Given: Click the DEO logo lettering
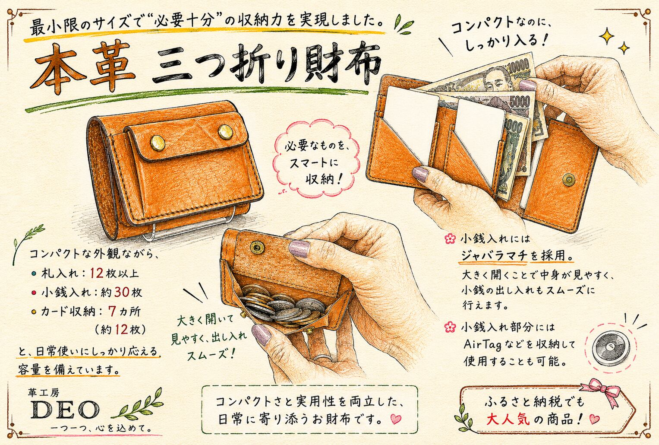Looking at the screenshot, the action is (x=65, y=410).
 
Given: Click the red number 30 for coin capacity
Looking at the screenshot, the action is (x=122, y=292).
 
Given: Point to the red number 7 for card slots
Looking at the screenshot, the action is (x=112, y=311).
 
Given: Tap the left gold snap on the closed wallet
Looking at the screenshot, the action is (x=158, y=143).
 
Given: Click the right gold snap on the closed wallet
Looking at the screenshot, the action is (x=226, y=132).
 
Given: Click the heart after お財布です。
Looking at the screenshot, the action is (x=395, y=419).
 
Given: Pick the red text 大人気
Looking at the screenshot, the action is (x=508, y=419).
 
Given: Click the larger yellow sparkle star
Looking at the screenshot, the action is (x=607, y=37).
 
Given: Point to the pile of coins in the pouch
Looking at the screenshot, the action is (x=281, y=306).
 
